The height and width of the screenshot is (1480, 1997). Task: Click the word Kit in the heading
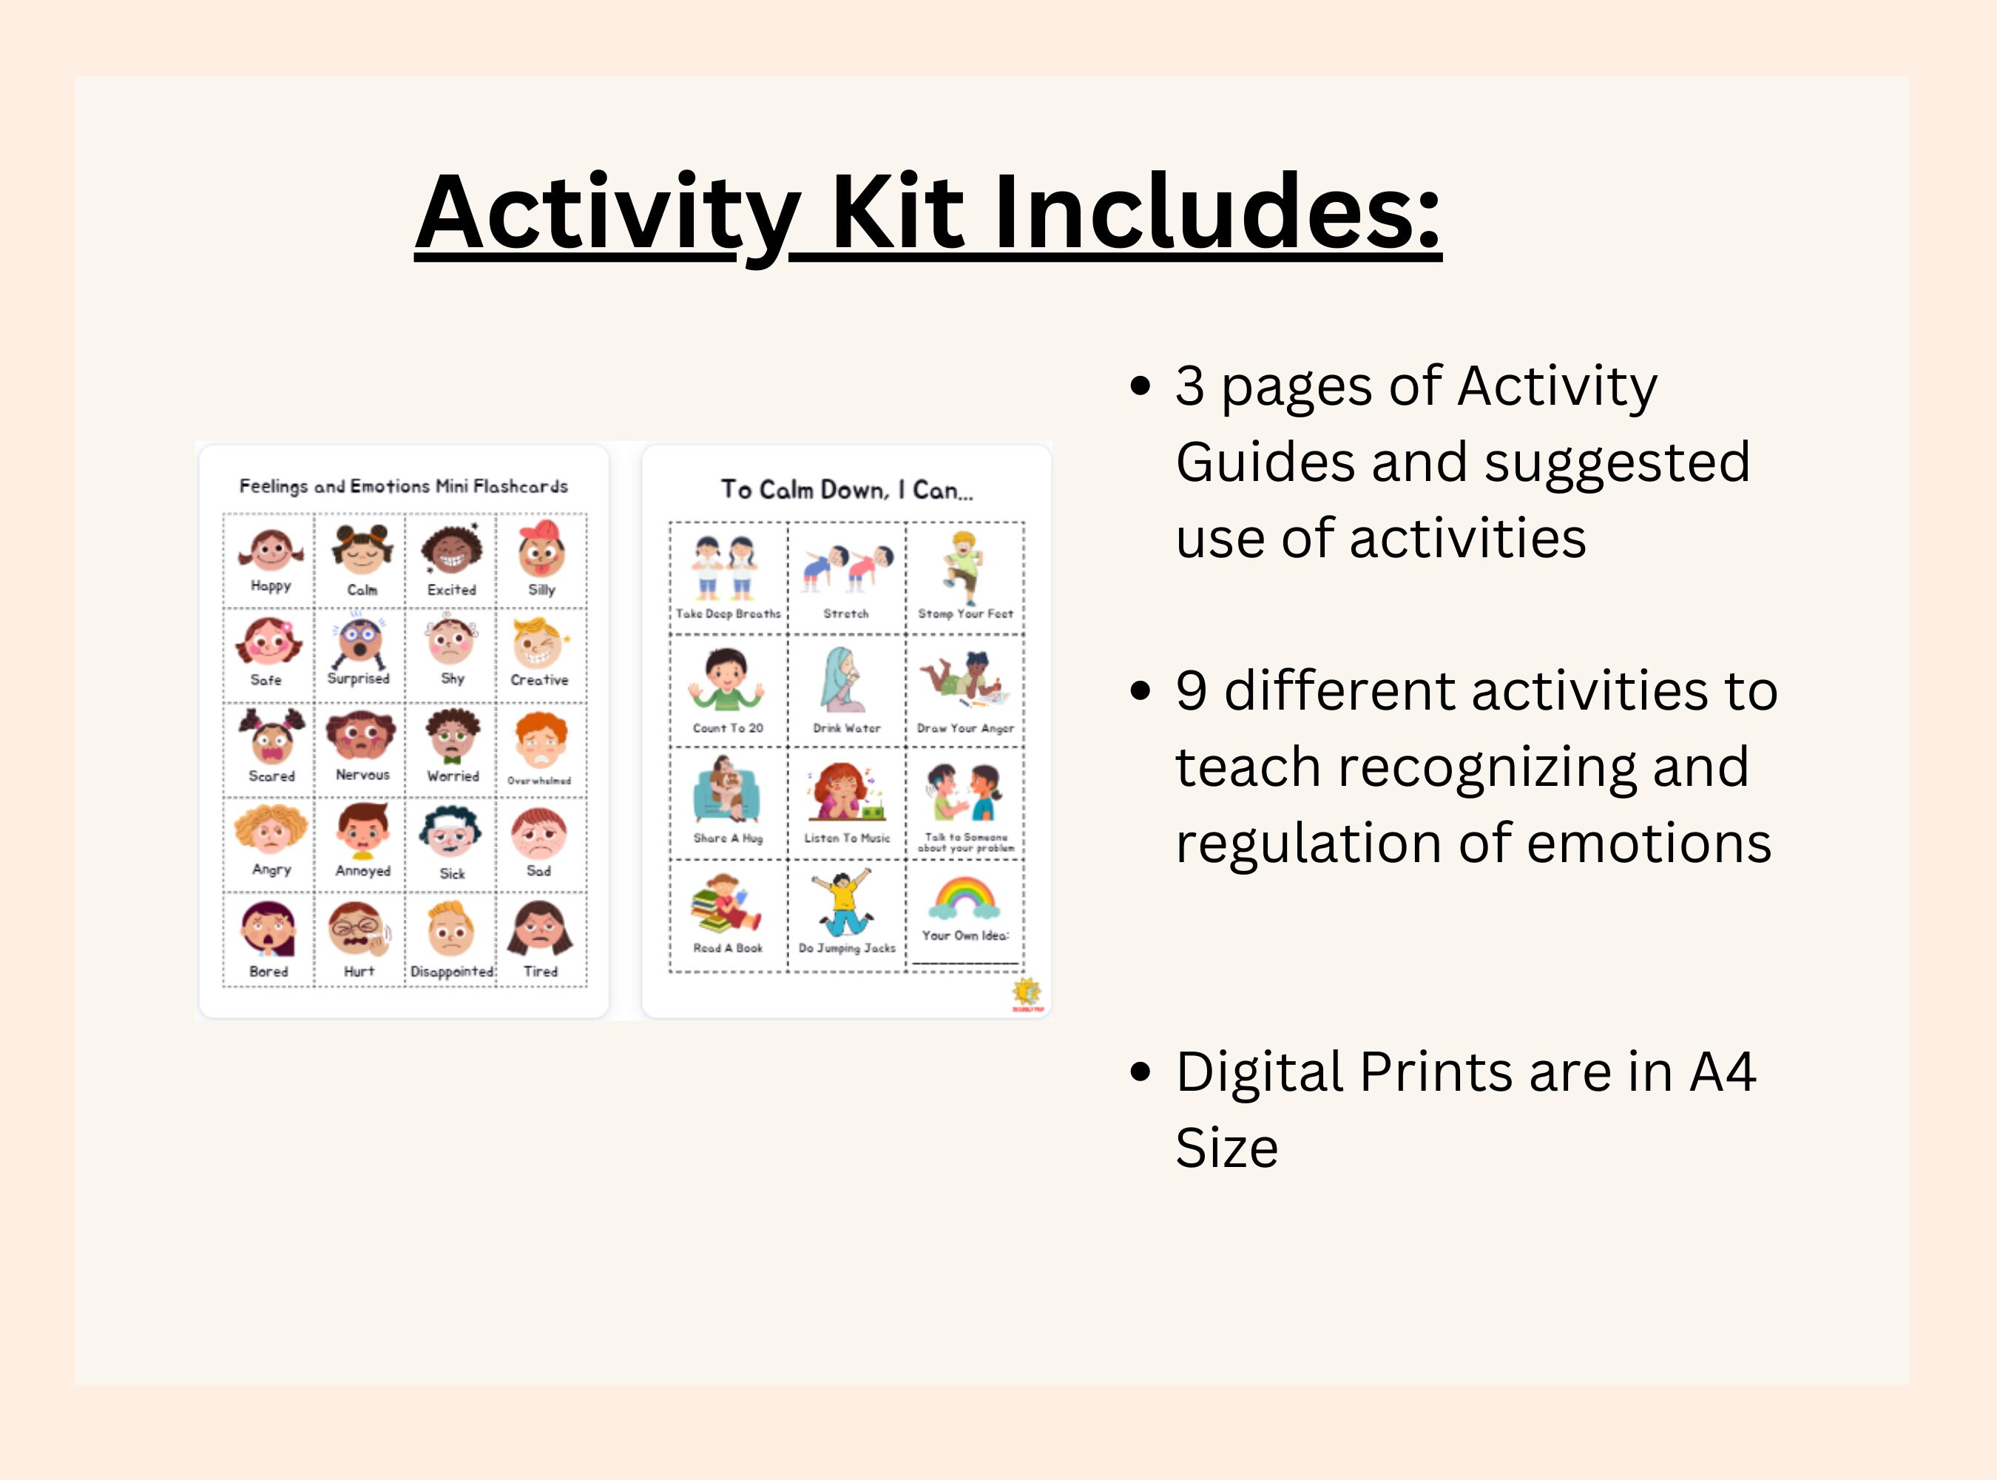(897, 213)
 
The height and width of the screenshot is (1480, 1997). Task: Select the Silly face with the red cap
(541, 548)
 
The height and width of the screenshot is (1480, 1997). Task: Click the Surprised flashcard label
(358, 678)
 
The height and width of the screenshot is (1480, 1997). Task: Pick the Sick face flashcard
(451, 833)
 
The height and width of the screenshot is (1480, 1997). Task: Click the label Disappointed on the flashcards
(452, 971)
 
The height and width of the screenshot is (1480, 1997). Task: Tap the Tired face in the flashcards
(540, 929)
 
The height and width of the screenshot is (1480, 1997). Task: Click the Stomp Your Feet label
(965, 613)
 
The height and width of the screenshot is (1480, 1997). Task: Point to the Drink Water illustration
(842, 680)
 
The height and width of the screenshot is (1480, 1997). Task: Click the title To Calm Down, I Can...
(846, 489)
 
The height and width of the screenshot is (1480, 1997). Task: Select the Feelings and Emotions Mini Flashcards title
(403, 485)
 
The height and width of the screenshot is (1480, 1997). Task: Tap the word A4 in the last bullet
(1722, 1072)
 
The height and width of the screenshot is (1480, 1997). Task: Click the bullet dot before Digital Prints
(1140, 1072)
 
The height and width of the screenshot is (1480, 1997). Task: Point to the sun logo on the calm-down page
(1027, 992)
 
